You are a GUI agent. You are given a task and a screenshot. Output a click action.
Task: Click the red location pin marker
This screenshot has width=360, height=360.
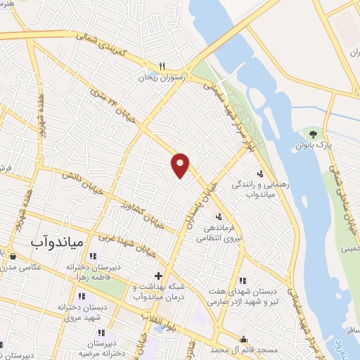[181, 165]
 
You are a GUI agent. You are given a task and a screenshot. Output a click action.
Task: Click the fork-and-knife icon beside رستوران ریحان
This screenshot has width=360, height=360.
[161, 66]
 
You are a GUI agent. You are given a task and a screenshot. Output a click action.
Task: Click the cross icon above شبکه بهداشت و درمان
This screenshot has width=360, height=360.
[159, 275]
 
